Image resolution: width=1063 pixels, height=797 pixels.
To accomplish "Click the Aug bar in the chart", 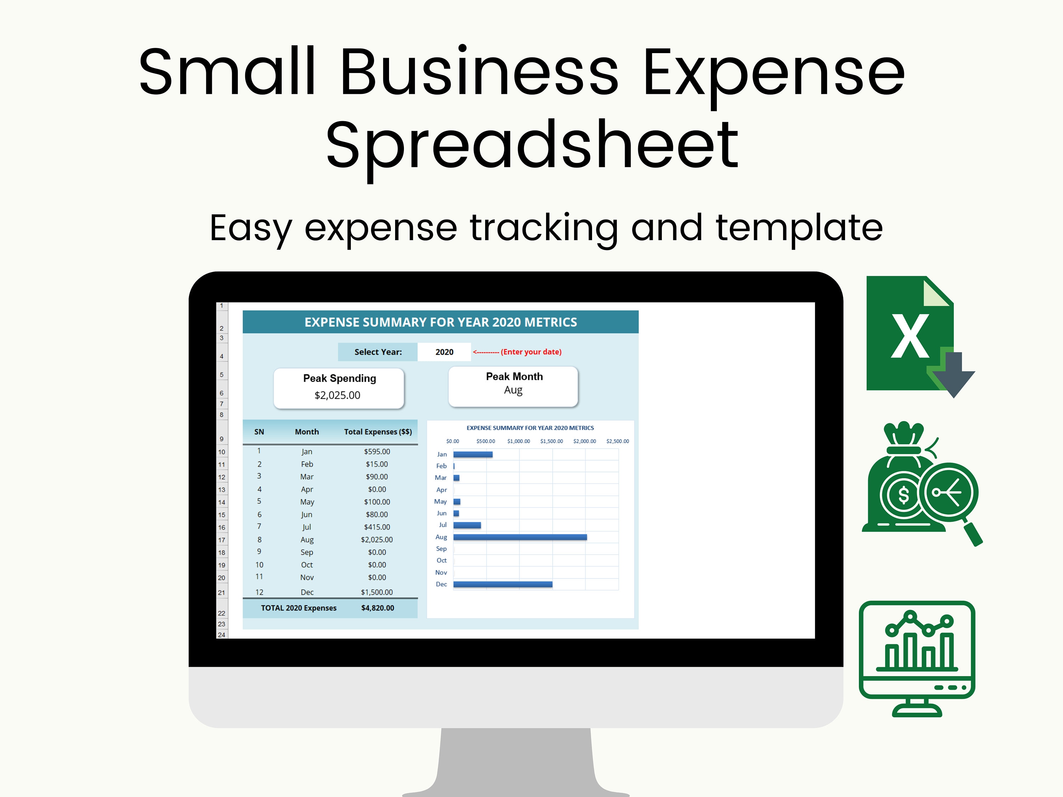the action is pyautogui.click(x=520, y=537).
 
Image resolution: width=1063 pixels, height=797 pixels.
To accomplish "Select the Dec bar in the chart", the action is pyautogui.click(x=503, y=584).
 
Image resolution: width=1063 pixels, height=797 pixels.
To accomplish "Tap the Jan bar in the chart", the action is pyautogui.click(x=473, y=454).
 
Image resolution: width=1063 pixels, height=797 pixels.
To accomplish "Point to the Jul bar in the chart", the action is pyautogui.click(x=467, y=525).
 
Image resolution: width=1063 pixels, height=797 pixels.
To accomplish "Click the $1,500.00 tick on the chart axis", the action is pyautogui.click(x=551, y=441).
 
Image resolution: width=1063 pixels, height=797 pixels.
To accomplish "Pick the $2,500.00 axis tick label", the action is pyautogui.click(x=618, y=441).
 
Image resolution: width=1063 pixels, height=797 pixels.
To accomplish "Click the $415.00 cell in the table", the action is pyautogui.click(x=377, y=527).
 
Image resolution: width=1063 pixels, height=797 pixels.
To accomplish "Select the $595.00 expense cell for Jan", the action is pyautogui.click(x=377, y=452).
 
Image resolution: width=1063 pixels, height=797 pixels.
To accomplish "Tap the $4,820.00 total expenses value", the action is pyautogui.click(x=377, y=608).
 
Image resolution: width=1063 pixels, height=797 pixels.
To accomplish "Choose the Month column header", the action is pyautogui.click(x=306, y=431).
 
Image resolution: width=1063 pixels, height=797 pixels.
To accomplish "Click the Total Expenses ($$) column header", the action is pyautogui.click(x=378, y=431).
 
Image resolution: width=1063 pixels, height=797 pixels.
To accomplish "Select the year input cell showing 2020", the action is pyautogui.click(x=444, y=352).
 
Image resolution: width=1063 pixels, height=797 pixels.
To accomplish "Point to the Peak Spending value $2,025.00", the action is pyautogui.click(x=337, y=395).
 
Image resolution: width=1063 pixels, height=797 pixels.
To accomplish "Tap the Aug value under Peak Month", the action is pyautogui.click(x=513, y=390).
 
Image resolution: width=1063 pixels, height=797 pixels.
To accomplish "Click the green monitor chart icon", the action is pyautogui.click(x=917, y=658).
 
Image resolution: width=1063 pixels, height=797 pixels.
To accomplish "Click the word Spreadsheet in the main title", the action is pyautogui.click(x=532, y=145).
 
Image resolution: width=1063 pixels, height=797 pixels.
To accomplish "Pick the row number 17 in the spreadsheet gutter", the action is pyautogui.click(x=221, y=540).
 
